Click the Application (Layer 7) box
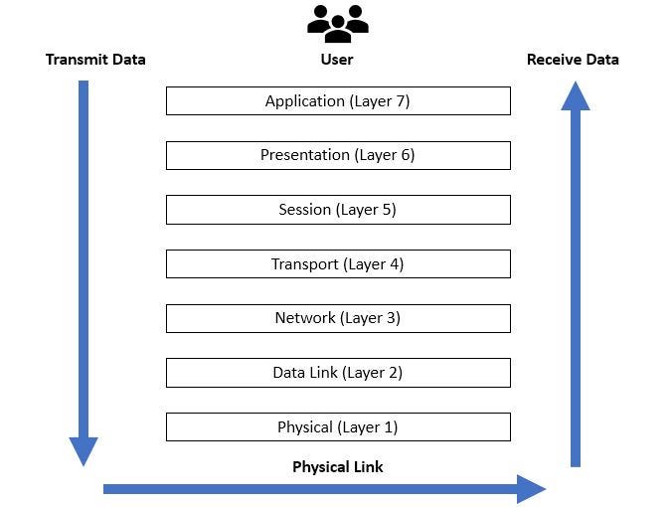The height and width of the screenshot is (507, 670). pos(338,100)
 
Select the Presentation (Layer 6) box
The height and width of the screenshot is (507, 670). pos(338,155)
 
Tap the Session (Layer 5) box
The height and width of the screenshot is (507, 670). pos(338,210)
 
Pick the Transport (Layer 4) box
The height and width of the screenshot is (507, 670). pos(338,263)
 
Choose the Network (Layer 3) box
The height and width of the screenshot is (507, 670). pos(338,318)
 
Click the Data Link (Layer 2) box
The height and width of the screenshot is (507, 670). pos(338,373)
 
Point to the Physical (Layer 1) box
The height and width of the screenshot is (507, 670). pos(338,426)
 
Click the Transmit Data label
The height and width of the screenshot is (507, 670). pos(95,60)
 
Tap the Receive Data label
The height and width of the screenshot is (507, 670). pos(573,60)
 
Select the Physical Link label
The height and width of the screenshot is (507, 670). pos(338,466)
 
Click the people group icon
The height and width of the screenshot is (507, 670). pos(338,23)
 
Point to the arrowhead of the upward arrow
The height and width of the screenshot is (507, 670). pos(575,96)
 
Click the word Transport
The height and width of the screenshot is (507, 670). pos(305,263)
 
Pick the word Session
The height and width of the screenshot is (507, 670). pos(304,210)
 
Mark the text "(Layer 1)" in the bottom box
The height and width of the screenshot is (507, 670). pos(368,426)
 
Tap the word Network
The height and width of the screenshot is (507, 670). pos(305,318)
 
